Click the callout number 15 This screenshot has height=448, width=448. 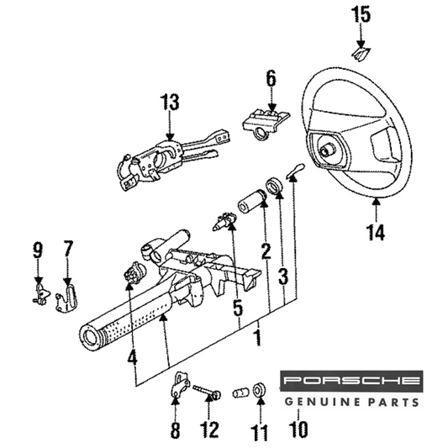click(x=361, y=14)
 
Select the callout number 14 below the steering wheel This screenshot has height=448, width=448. click(x=376, y=232)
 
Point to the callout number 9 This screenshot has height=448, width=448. click(x=38, y=250)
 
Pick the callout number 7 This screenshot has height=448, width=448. click(x=68, y=249)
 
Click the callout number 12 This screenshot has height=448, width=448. click(x=209, y=430)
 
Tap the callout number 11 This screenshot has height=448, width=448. click(x=260, y=433)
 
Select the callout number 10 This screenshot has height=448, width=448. click(x=298, y=430)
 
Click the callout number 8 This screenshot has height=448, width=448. click(x=175, y=430)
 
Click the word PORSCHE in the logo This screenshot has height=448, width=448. click(x=351, y=380)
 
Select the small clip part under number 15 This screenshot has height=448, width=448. click(x=361, y=54)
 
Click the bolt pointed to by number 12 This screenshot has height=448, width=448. click(x=207, y=392)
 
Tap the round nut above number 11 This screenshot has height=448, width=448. click(x=260, y=389)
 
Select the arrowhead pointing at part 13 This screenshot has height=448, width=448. click(x=170, y=136)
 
